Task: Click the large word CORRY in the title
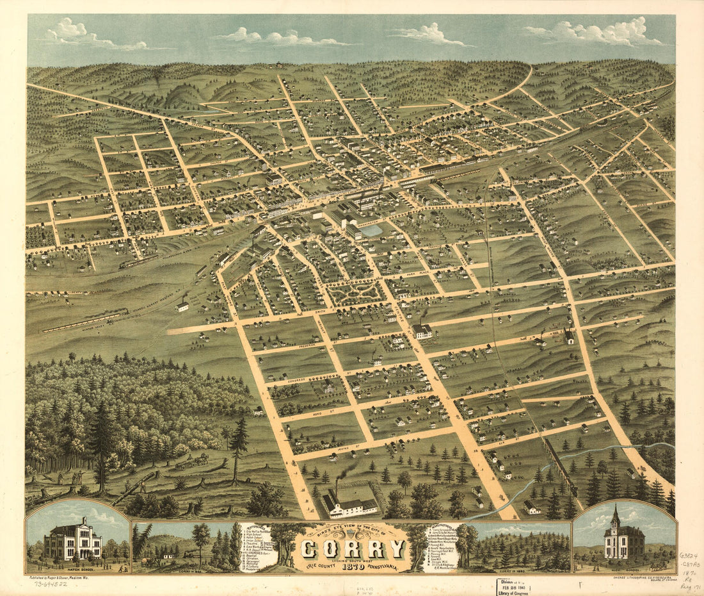tap(353, 549)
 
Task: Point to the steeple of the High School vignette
tap(615, 517)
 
